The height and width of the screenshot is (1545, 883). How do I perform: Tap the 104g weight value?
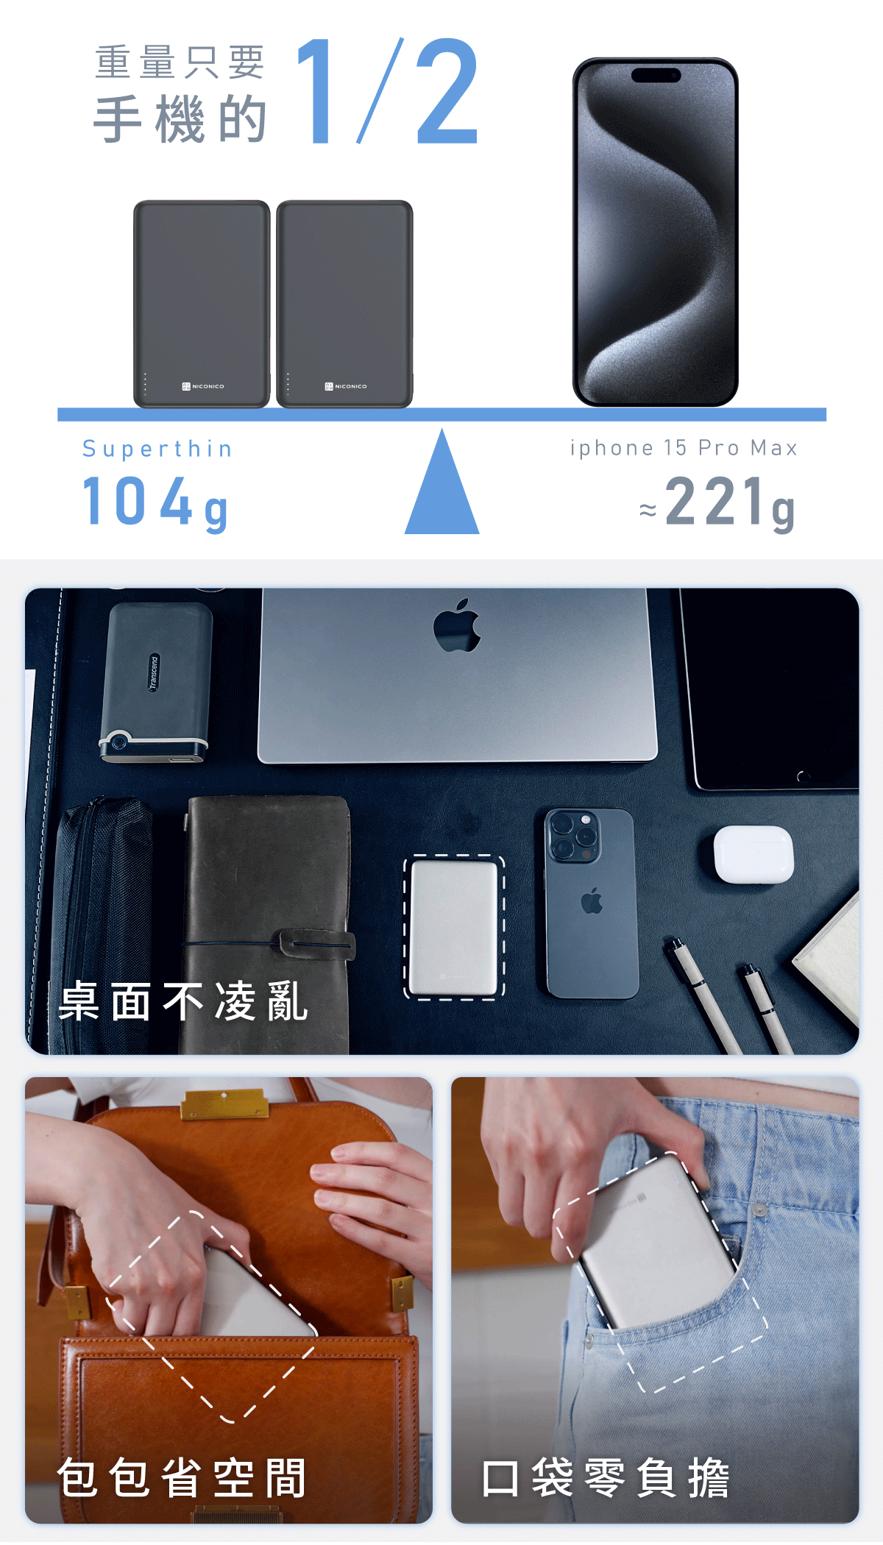155,502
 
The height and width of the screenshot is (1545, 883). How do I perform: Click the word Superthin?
157,449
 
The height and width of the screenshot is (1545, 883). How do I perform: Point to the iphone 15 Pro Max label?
684,448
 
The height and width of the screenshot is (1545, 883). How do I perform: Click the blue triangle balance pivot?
441,481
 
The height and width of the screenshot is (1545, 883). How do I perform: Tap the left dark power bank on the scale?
202,304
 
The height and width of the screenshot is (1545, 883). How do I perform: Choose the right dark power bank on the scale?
344,304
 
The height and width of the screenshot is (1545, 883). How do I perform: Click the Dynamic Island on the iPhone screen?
656,75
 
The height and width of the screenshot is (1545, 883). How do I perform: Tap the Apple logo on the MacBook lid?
457,626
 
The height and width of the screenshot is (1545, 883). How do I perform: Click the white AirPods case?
753,853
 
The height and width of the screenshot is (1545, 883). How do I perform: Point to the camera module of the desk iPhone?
572,837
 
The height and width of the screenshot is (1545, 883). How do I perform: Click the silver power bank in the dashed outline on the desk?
454,927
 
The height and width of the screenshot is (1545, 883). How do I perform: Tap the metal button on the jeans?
758,1209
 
